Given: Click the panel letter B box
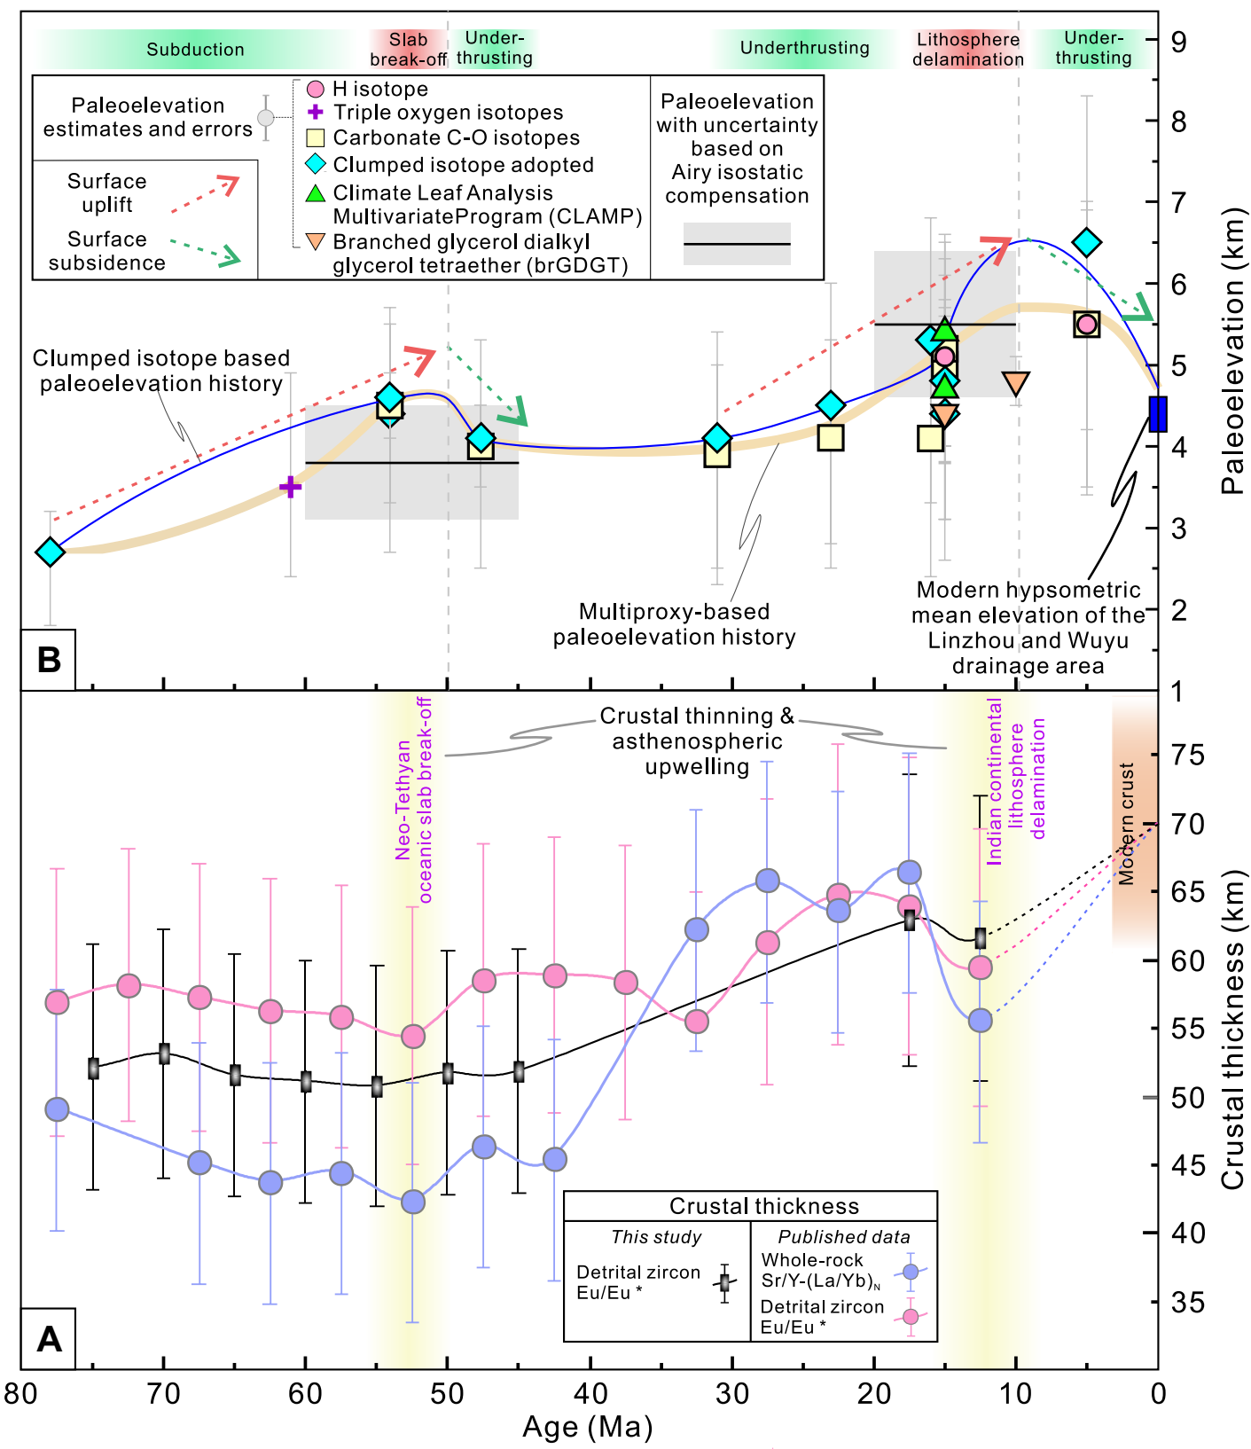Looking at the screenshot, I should pyautogui.click(x=49, y=660).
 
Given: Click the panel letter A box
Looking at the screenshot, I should pyautogui.click(x=49, y=1338).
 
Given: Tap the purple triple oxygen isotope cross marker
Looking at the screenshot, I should pyautogui.click(x=290, y=487).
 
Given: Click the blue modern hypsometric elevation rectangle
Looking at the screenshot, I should pyautogui.click(x=1157, y=414).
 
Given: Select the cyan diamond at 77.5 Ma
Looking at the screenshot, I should pyautogui.click(x=51, y=552).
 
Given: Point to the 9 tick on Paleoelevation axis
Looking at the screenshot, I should pyautogui.click(x=1178, y=42).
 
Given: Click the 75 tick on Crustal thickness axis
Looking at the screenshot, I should pyautogui.click(x=1187, y=756).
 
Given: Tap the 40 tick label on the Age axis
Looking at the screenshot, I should pyautogui.click(x=590, y=1394).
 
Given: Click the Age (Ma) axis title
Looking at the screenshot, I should pyautogui.click(x=587, y=1427).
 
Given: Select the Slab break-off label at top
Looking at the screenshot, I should pyautogui.click(x=408, y=50).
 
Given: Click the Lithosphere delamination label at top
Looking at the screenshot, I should pyautogui.click(x=967, y=50).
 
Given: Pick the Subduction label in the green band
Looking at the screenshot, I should pyautogui.click(x=195, y=50).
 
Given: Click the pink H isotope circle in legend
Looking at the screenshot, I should pyautogui.click(x=315, y=89).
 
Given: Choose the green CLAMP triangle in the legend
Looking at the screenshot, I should pyautogui.click(x=315, y=193).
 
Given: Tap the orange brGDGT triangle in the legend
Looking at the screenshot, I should pyautogui.click(x=315, y=241).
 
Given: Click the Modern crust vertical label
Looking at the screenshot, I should pyautogui.click(x=1126, y=823).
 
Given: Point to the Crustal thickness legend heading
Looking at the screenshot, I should pyautogui.click(x=763, y=1206).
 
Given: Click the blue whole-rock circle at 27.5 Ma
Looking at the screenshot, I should pyautogui.click(x=768, y=881).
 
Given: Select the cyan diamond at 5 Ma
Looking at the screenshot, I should pyautogui.click(x=1087, y=242).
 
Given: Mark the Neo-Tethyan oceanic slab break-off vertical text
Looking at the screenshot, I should pyautogui.click(x=414, y=801).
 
